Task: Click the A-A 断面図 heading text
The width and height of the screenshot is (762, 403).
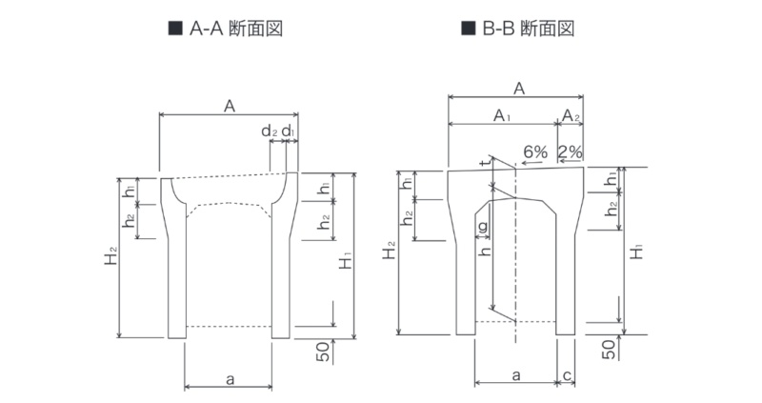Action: [235, 29]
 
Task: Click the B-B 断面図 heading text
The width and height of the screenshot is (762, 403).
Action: [529, 29]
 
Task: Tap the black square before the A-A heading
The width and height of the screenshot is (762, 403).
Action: [175, 29]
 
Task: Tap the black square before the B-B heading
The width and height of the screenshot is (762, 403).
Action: [468, 29]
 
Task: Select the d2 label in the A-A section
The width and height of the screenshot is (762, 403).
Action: [270, 131]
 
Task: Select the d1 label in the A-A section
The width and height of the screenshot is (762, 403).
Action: [288, 131]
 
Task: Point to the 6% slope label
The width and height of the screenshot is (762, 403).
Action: [535, 152]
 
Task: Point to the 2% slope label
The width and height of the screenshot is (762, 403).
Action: [570, 152]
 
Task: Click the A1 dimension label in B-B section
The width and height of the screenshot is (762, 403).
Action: [502, 115]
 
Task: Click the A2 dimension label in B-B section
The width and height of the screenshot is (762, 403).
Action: [571, 115]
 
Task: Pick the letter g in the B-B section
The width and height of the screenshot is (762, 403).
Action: [483, 227]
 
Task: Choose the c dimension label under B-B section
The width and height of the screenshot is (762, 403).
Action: [567, 375]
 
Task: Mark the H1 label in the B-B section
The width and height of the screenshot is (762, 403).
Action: [635, 252]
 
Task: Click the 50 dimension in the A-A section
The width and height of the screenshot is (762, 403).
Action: [322, 351]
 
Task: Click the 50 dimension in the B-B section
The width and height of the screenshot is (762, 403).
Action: [609, 349]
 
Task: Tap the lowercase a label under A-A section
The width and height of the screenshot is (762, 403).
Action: [231, 378]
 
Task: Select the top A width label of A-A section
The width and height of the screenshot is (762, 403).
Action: [230, 106]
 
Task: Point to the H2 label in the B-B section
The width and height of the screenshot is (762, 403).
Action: [390, 251]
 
